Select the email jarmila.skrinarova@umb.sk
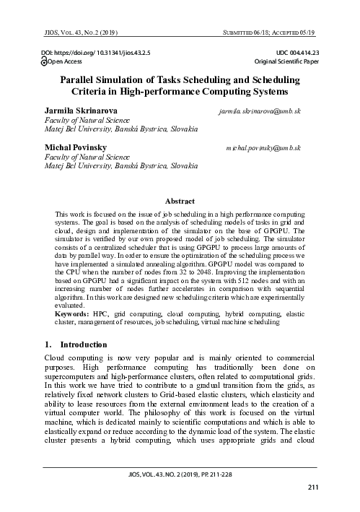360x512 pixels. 259,113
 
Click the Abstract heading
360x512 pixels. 180,203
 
